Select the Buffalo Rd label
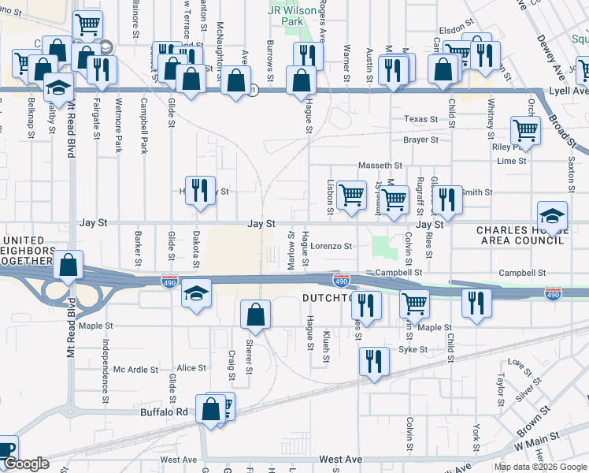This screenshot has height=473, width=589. (x=163, y=412)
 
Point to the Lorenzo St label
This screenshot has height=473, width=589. (x=331, y=246)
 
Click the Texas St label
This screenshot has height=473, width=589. (x=421, y=119)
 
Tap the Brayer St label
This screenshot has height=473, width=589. (x=420, y=140)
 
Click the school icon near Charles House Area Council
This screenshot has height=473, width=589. (x=552, y=215)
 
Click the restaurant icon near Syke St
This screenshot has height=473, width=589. (x=373, y=361)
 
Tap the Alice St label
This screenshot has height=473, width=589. (x=191, y=367)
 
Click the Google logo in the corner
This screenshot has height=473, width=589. (x=25, y=464)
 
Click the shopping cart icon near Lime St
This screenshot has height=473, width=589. (x=524, y=130)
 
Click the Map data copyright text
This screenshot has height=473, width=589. (x=540, y=467)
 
